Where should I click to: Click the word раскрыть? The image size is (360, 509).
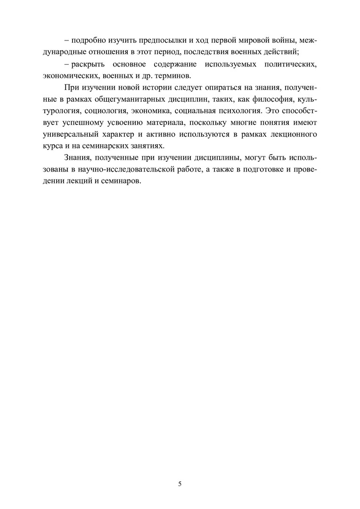click(x=89, y=64)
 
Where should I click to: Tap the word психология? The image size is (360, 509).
click(x=236, y=112)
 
